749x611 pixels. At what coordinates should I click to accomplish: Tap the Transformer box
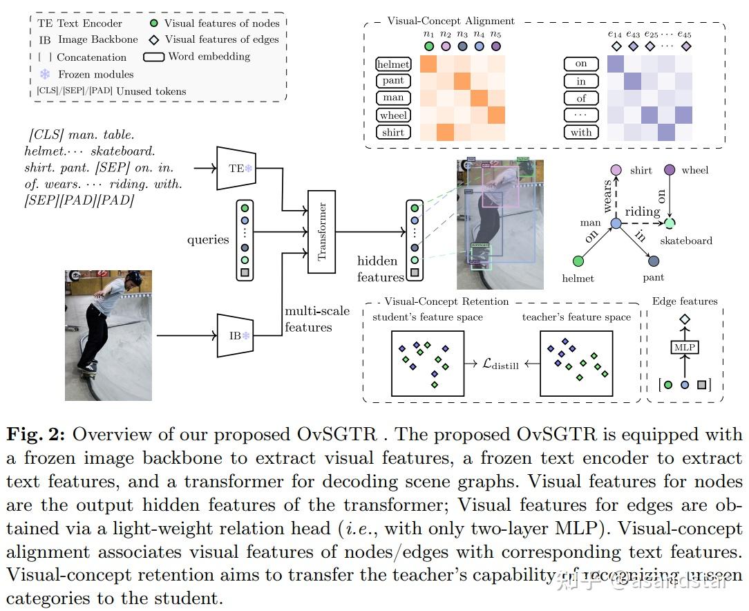(321, 232)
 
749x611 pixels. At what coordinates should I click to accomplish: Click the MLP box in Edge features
(685, 348)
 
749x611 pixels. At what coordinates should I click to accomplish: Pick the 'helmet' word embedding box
(393, 64)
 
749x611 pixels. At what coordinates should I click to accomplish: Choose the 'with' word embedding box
(581, 132)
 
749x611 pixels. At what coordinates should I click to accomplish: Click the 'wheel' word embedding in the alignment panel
(393, 115)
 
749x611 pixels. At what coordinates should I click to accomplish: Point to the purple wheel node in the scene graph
(669, 169)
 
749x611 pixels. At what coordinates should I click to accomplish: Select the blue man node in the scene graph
(616, 224)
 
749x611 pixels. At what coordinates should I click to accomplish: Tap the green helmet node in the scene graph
(578, 261)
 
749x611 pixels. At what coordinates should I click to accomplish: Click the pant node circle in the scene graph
(654, 261)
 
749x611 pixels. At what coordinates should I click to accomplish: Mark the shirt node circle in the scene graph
(616, 170)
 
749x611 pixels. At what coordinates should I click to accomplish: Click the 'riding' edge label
(643, 211)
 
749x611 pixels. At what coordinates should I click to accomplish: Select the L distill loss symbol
(501, 364)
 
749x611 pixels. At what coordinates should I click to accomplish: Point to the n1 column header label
(428, 33)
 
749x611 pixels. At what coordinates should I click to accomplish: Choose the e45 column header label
(685, 33)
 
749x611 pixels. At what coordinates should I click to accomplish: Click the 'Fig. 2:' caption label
(36, 435)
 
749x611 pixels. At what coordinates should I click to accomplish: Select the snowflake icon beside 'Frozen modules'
(46, 74)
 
